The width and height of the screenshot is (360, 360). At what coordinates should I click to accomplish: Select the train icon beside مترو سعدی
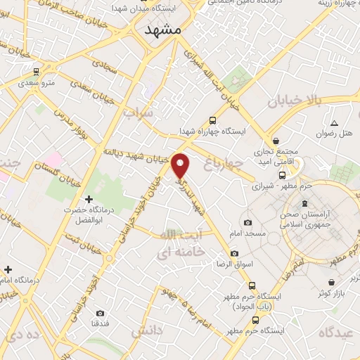[35, 72]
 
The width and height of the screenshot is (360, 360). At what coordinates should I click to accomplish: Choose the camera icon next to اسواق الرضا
[233, 253]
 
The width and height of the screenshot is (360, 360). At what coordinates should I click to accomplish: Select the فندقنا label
[99, 323]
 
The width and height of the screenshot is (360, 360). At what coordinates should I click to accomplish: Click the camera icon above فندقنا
[99, 313]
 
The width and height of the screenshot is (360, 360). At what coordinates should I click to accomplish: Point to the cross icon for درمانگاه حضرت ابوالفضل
[88, 200]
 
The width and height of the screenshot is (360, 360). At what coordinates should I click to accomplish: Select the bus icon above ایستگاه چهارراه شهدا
[212, 121]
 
